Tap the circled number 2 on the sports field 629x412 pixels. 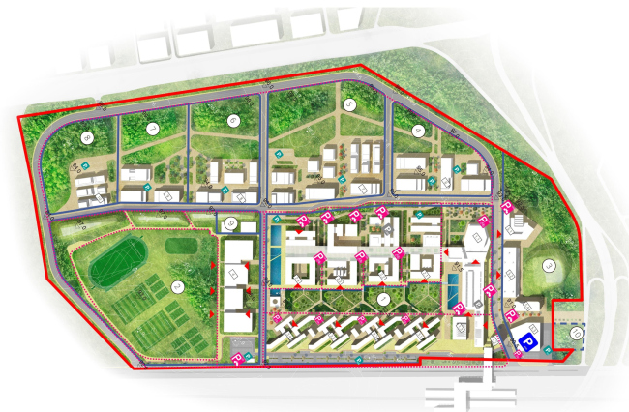coord(177,285)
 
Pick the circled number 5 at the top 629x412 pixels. coord(349,103)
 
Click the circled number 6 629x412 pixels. coord(233,120)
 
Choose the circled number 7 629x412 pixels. coord(152,129)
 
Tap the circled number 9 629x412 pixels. coord(230,224)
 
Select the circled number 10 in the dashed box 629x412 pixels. coord(576,335)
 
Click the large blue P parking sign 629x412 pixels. coord(528,340)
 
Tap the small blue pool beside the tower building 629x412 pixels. coord(453,287)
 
